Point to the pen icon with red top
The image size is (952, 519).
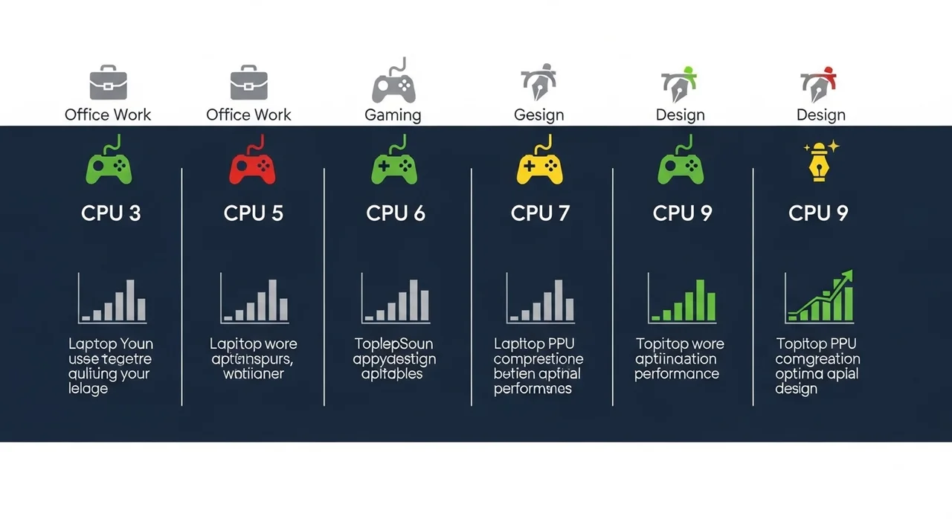pos(819,84)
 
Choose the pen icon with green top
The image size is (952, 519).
pos(679,84)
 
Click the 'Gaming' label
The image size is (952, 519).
pos(393,115)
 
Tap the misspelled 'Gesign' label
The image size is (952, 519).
pos(538,115)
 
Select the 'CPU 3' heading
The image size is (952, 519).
pos(111,213)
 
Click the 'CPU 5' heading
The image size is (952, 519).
pos(254,213)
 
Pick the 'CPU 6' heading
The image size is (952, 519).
pos(396,213)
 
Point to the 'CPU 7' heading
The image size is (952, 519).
pos(540,213)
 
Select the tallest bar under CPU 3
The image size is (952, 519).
pos(130,299)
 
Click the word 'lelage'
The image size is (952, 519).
pos(88,389)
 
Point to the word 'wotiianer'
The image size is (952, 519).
pos(254,374)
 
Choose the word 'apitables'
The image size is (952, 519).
pos(392,374)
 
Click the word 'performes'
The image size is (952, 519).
pos(533,389)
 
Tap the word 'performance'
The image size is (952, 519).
pos(677,374)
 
